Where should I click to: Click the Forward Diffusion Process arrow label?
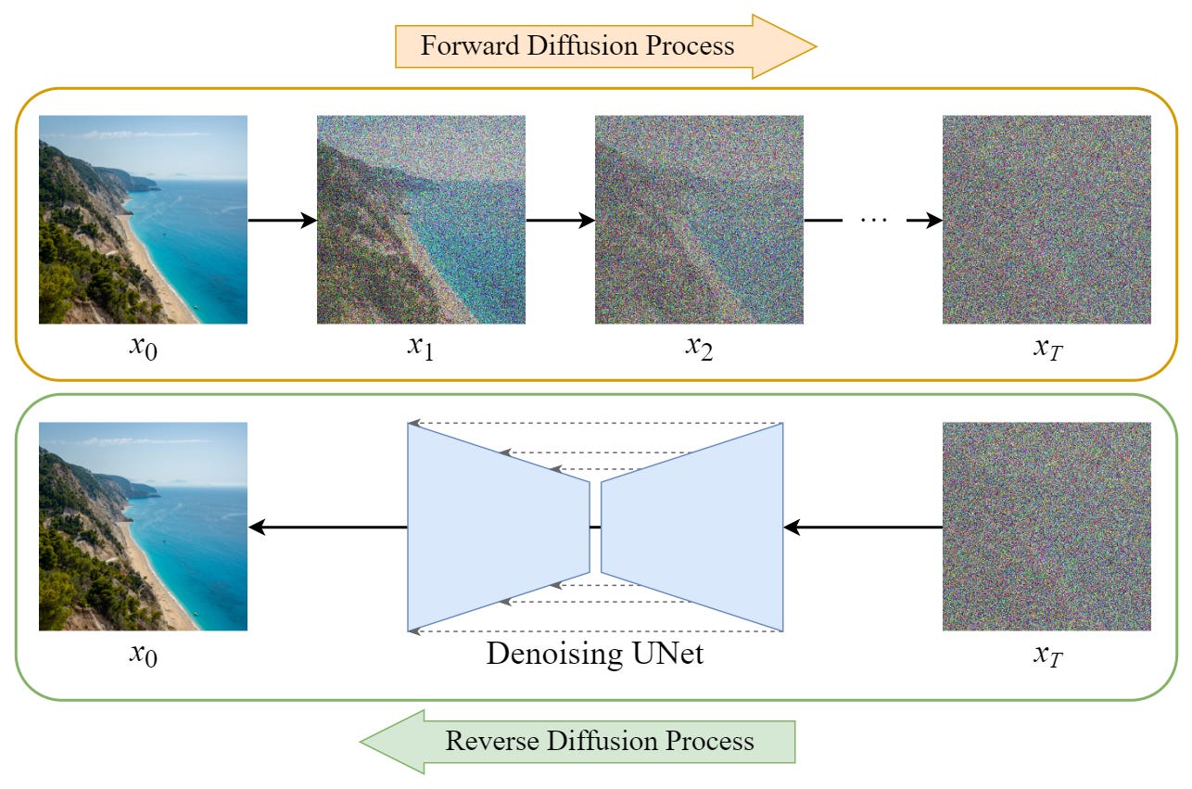[577, 45]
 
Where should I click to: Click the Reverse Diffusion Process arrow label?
[599, 741]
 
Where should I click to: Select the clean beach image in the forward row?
[143, 219]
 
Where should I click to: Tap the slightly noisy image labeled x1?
[421, 219]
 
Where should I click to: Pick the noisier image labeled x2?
[699, 219]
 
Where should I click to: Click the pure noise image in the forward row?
[1046, 219]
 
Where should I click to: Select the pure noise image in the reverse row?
[1046, 527]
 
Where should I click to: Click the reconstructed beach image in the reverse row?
[143, 527]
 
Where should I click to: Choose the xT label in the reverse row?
[1046, 655]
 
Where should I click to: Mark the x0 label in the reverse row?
[143, 655]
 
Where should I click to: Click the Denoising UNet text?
[594, 654]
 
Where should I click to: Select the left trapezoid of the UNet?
[498, 527]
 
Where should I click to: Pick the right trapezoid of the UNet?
[692, 527]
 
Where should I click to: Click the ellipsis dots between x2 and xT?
[874, 220]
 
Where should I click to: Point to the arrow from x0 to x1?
[282, 220]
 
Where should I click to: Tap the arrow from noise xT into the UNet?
[862, 527]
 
